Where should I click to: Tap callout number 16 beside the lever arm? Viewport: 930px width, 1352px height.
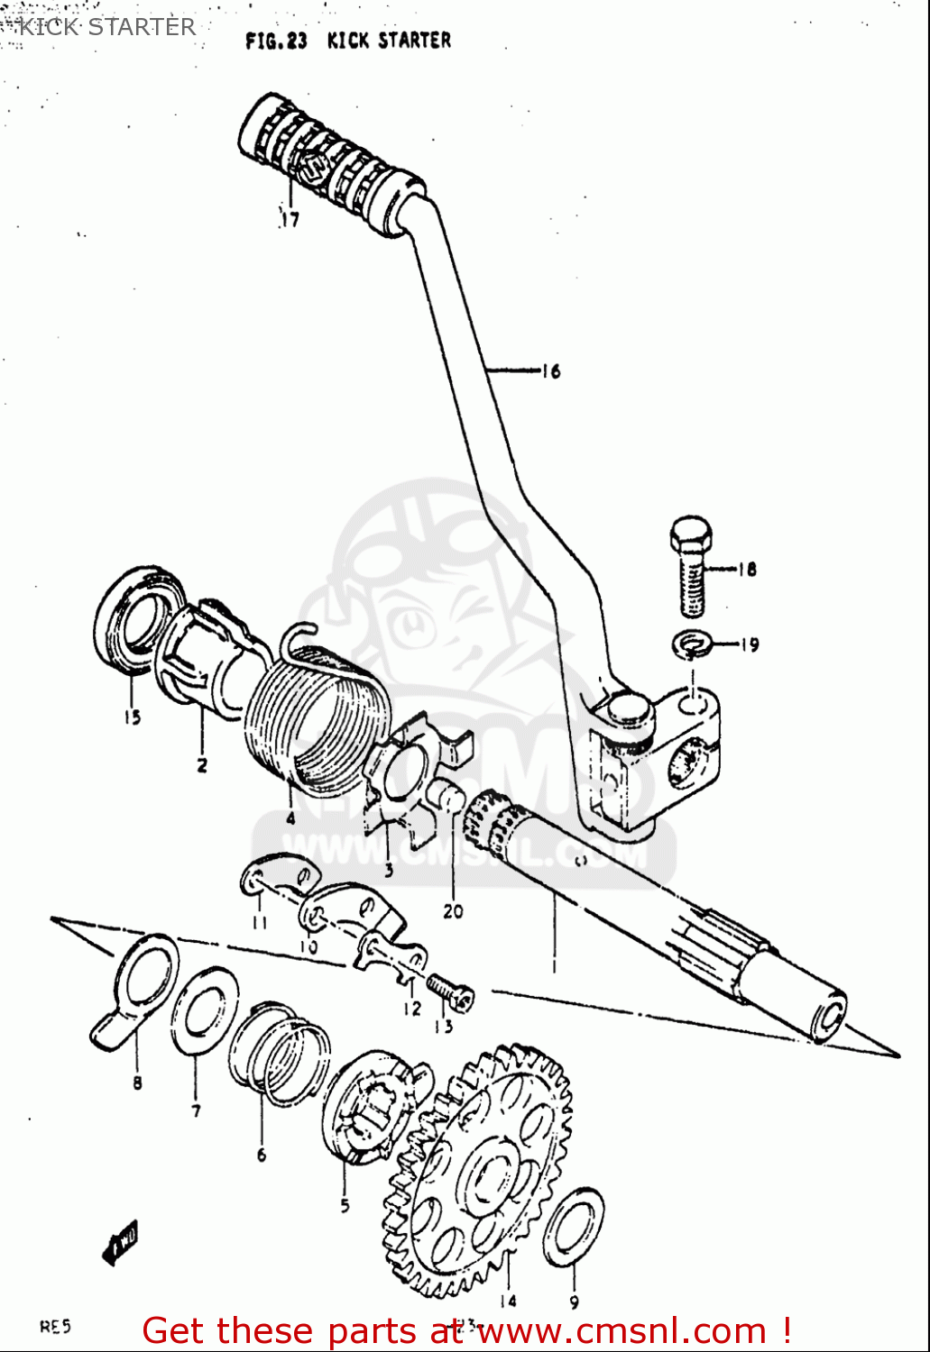coord(551,370)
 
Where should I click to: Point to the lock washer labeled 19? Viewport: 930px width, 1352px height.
coord(692,644)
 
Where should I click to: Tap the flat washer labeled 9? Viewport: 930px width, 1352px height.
coord(574,1227)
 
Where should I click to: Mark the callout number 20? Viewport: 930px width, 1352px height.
coord(453,911)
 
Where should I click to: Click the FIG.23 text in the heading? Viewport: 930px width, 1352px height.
coord(276,41)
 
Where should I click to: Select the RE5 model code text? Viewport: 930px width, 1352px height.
coord(55,1326)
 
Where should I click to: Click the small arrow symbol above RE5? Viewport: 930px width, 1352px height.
coord(120,1244)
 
